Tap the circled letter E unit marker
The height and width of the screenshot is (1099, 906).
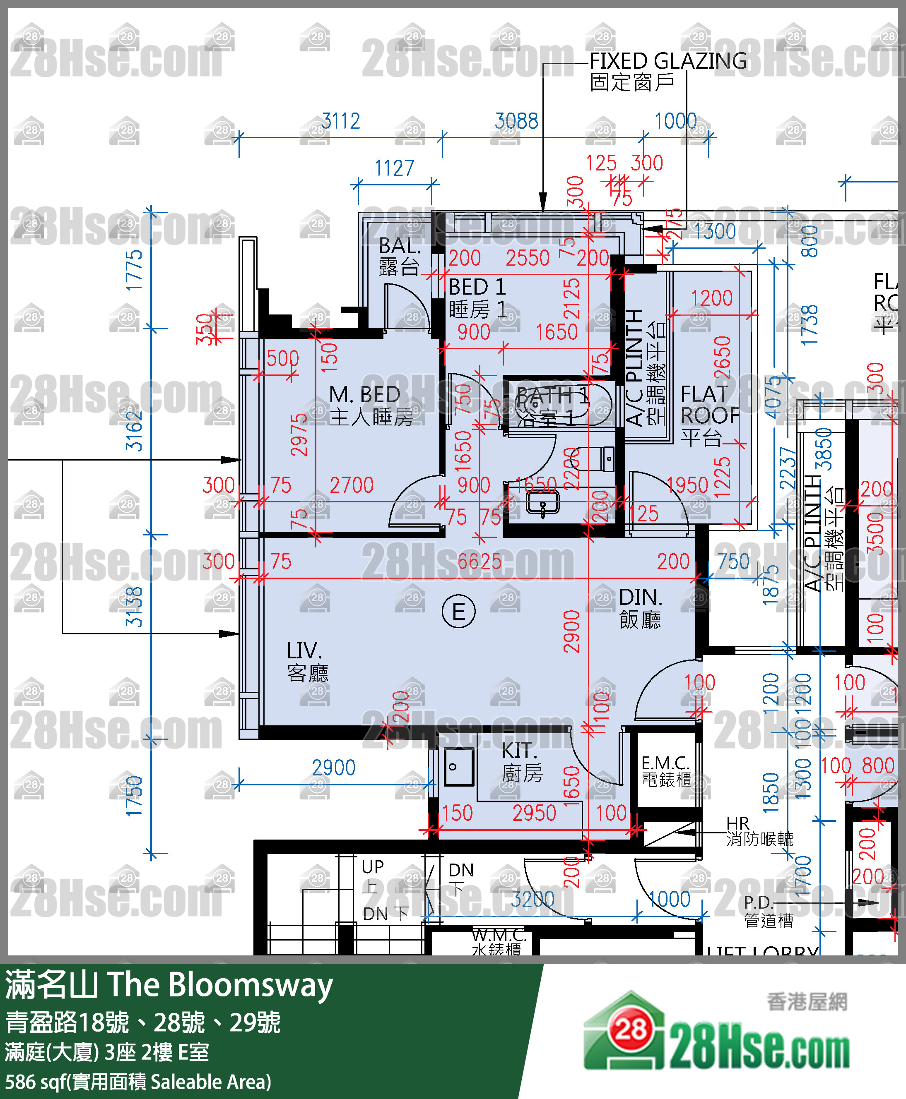click(x=458, y=611)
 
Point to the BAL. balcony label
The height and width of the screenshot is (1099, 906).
click(x=399, y=246)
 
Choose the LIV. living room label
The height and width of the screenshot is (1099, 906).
click(x=305, y=651)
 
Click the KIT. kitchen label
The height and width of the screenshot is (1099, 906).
click(x=520, y=751)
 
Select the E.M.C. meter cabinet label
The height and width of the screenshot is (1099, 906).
click(x=665, y=763)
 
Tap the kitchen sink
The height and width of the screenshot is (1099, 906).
click(x=458, y=767)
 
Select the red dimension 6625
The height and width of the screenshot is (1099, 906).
click(x=479, y=562)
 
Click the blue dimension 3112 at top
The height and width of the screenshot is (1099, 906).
click(x=340, y=121)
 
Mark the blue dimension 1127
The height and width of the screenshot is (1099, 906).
click(x=394, y=168)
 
